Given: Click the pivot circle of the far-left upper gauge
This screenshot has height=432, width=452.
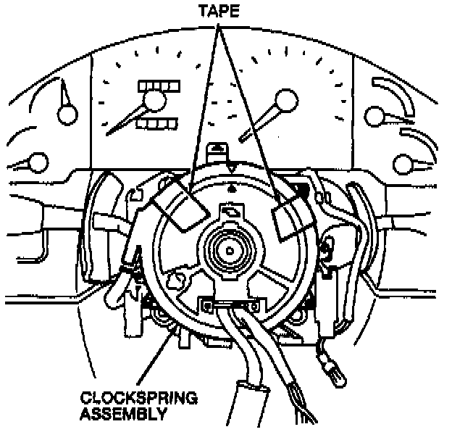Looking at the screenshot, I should [69, 113].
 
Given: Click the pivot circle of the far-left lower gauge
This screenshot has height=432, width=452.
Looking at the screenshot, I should [38, 161].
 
